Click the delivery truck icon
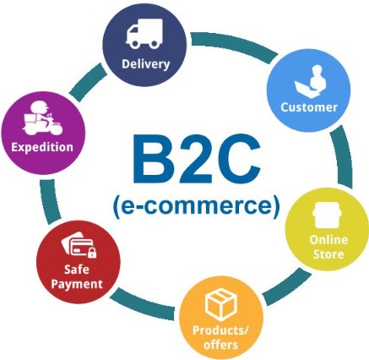tap(144, 34)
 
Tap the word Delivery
tap(146, 64)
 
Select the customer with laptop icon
tap(311, 82)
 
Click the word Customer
tap(309, 107)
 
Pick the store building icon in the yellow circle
tap(328, 215)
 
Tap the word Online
tap(328, 240)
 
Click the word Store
tap(328, 254)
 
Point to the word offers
tap(221, 345)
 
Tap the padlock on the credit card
tap(92, 253)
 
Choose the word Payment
tap(77, 284)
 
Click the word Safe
tap(77, 270)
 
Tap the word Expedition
tap(42, 147)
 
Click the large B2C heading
tap(197, 159)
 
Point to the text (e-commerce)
tap(197, 206)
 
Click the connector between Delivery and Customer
tap(234, 45)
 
